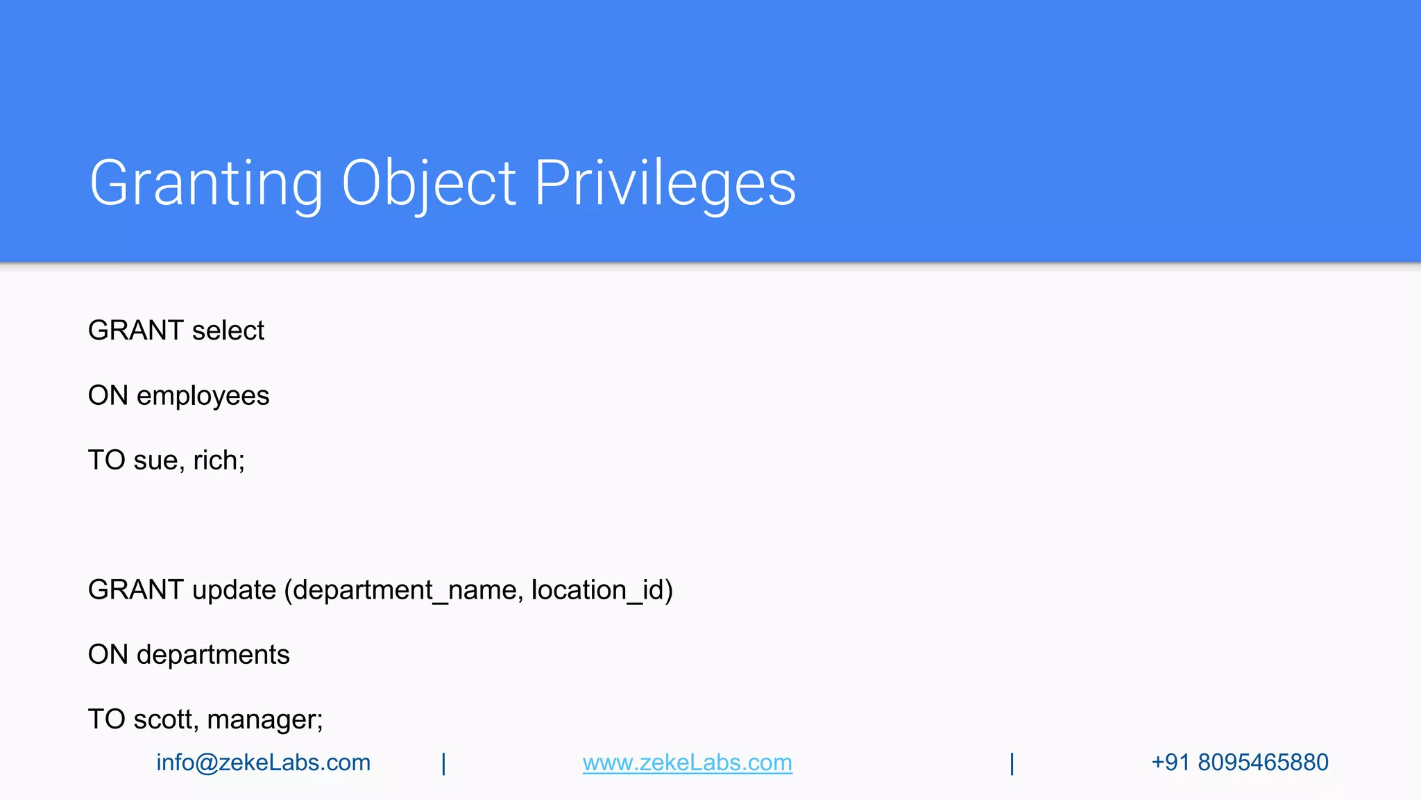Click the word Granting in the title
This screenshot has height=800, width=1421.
click(206, 183)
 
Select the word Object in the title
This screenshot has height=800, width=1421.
click(428, 183)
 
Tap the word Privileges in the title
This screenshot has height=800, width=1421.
click(665, 183)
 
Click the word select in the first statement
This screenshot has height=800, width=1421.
click(228, 331)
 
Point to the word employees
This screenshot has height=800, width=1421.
click(203, 396)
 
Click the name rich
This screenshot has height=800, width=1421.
click(217, 460)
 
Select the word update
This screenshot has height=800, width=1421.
click(234, 590)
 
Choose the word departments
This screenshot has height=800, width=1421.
click(213, 655)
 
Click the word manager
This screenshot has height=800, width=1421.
click(263, 719)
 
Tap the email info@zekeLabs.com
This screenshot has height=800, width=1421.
click(263, 762)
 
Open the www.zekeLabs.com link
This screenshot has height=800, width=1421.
click(687, 762)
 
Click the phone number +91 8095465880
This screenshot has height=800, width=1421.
click(1239, 762)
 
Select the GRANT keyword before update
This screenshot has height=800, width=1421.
click(135, 590)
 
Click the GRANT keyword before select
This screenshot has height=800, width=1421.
click(135, 331)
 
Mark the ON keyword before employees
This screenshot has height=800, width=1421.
click(108, 396)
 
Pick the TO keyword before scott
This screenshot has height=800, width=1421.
click(106, 719)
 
